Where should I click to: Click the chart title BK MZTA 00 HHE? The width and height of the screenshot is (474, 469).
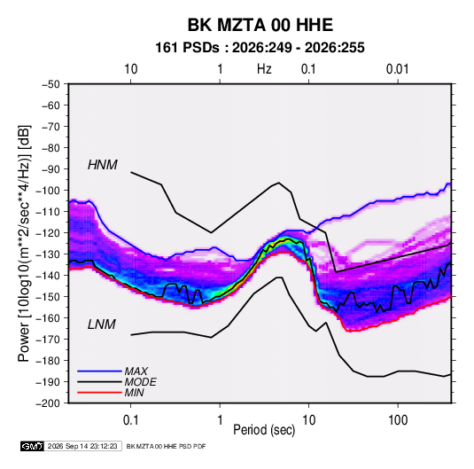(260, 25)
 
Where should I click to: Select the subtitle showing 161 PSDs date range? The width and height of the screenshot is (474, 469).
(260, 48)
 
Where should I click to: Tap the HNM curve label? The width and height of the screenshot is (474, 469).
(103, 165)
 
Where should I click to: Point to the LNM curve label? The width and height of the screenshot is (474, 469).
(102, 324)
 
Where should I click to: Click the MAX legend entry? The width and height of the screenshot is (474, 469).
(136, 371)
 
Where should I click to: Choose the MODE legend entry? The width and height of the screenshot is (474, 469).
(141, 382)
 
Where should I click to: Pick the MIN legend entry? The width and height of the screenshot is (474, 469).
(134, 393)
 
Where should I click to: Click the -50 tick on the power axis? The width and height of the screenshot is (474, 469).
(51, 84)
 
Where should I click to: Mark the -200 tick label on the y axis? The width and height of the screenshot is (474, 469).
(48, 403)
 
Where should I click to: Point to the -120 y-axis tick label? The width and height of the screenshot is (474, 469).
(48, 233)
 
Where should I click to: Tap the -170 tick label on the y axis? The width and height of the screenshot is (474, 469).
(48, 340)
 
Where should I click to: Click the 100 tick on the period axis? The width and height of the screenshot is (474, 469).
(398, 420)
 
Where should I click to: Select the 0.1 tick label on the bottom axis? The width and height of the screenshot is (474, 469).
(130, 420)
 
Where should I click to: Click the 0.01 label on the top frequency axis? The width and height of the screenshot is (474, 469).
(397, 69)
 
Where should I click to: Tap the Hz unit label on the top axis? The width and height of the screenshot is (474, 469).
(264, 69)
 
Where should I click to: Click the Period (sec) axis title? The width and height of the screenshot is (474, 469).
(264, 430)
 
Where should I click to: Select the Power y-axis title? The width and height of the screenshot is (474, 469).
(24, 244)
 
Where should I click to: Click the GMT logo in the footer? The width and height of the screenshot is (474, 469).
(32, 446)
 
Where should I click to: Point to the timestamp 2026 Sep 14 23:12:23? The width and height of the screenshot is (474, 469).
(82, 446)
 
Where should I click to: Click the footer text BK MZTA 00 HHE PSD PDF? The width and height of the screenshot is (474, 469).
(166, 446)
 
